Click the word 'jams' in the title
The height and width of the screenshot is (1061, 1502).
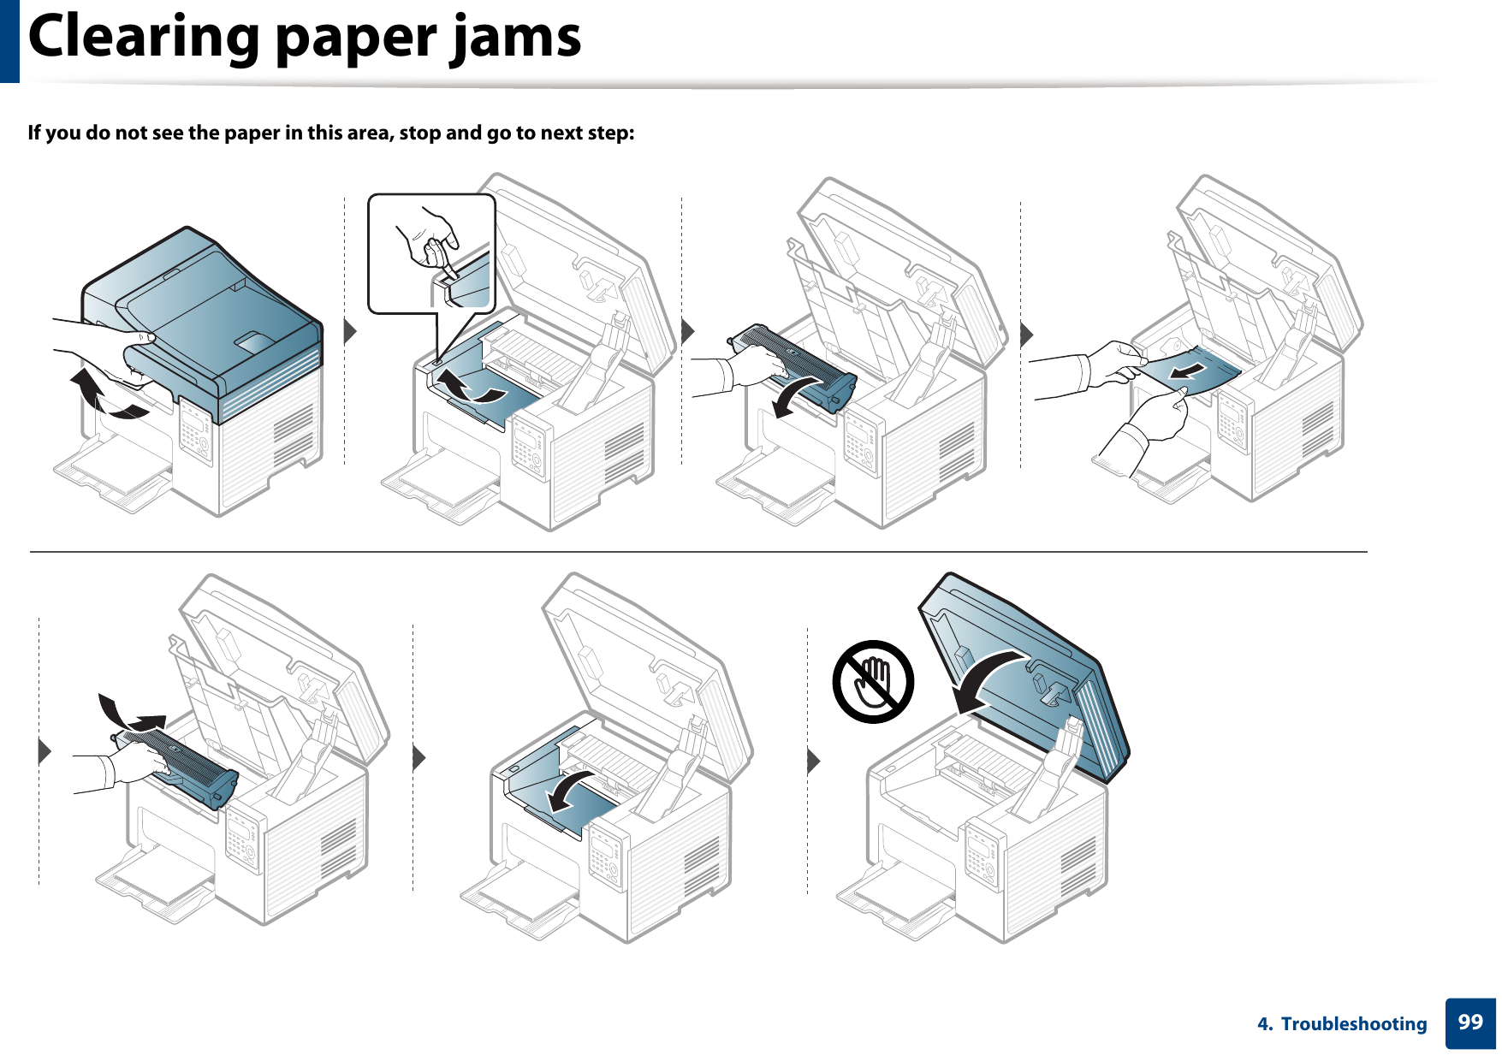coord(517,39)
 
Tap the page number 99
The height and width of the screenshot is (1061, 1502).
coord(1469,1022)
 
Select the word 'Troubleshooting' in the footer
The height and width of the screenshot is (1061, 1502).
coord(1353,1024)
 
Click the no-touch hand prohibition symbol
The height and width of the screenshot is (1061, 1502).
coord(873,682)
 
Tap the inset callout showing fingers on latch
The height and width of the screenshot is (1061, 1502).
coord(432,254)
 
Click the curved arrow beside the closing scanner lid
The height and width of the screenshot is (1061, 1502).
coord(988,680)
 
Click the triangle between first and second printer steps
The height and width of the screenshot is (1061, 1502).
coord(349,331)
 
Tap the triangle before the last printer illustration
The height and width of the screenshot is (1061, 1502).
coord(813,760)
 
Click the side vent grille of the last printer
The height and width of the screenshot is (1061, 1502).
coord(1077,864)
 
